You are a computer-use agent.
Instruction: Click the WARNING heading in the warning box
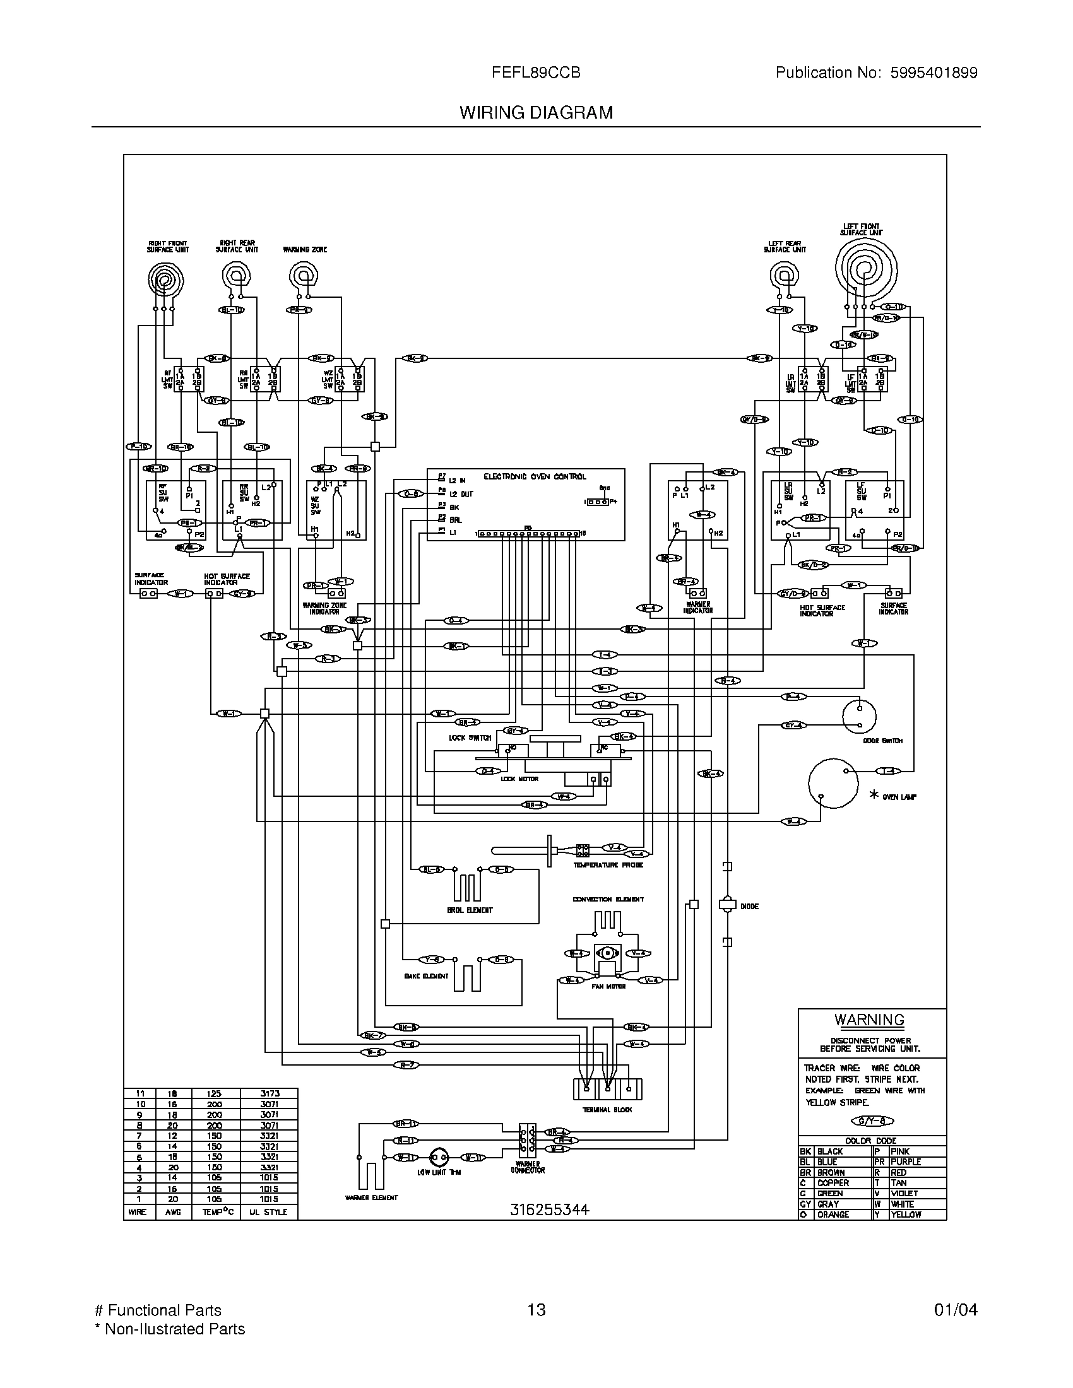click(869, 1020)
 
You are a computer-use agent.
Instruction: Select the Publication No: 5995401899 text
click(876, 73)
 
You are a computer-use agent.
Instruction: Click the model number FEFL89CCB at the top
click(536, 73)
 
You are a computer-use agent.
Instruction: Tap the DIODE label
click(749, 906)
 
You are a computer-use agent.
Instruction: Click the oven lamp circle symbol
click(833, 783)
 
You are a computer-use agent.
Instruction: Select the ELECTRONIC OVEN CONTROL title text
click(535, 476)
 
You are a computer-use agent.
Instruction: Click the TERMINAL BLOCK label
click(607, 1110)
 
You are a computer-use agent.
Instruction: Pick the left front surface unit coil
click(865, 266)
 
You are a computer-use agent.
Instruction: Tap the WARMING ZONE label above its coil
click(305, 250)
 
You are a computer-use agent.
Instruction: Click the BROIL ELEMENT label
click(470, 910)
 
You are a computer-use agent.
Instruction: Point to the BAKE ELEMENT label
click(426, 976)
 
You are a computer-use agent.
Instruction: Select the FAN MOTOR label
click(608, 987)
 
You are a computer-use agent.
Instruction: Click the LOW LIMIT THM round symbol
click(439, 1156)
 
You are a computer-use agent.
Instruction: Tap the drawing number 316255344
click(549, 1210)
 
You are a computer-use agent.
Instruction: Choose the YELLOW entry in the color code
click(905, 1214)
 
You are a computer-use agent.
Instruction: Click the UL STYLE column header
click(268, 1212)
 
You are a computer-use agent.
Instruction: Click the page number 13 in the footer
click(536, 1310)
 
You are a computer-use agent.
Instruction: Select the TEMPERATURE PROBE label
click(608, 865)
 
